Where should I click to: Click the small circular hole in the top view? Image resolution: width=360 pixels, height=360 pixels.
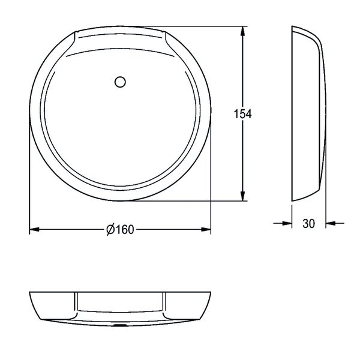coord(120,82)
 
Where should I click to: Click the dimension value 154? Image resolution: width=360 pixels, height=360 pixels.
coord(242,114)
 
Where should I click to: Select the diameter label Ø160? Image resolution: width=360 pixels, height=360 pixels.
coord(120,229)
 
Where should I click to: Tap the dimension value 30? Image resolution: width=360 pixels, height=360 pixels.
coord(309,223)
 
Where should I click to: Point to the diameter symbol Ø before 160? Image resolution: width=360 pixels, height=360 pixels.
coord(110,229)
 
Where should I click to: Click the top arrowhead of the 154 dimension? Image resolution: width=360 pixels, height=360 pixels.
coord(242,31)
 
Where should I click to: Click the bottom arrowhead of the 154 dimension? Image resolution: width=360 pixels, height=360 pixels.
coord(242,196)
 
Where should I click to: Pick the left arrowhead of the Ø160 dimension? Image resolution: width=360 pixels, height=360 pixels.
coord(34,229)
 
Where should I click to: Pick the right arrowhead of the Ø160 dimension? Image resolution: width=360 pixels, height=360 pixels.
coord(206,229)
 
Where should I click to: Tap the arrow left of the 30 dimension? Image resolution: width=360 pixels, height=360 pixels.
coord(283,223)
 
